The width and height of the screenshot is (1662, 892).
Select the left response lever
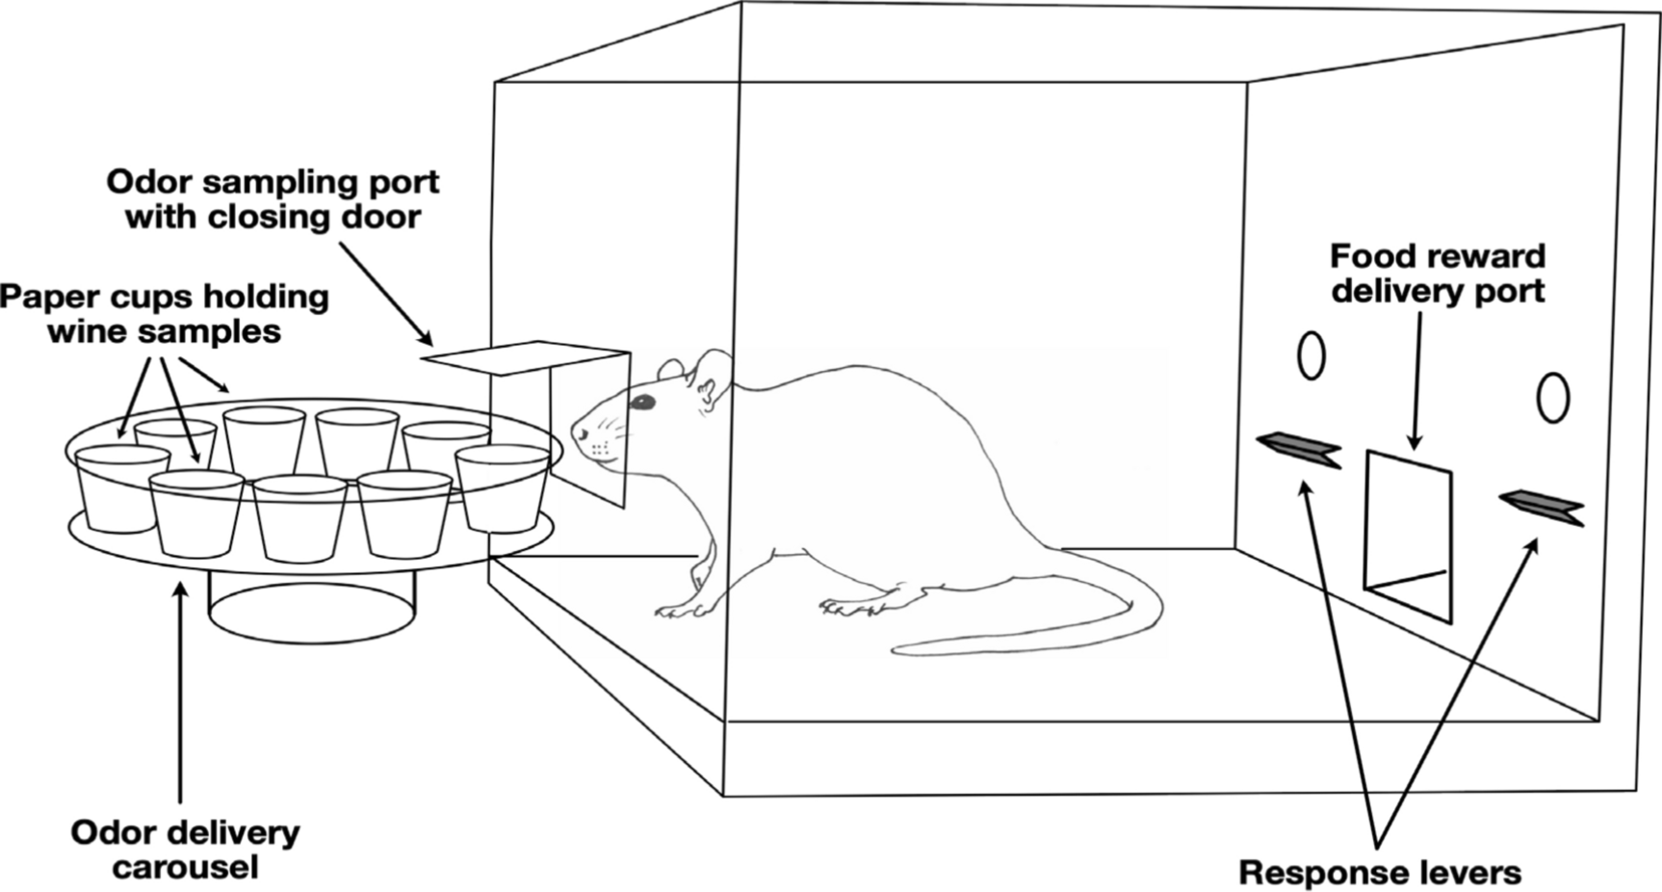1298,449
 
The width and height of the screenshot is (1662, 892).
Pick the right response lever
1541,507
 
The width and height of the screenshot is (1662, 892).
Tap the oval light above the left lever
1311,355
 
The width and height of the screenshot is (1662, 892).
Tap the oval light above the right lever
1552,397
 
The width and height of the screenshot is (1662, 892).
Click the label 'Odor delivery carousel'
185,849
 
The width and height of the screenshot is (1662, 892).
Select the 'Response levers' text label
1379,872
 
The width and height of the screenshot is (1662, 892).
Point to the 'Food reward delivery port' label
1437,273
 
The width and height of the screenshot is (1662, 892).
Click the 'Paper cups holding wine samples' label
164,313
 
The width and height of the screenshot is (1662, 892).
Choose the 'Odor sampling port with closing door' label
273,198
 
